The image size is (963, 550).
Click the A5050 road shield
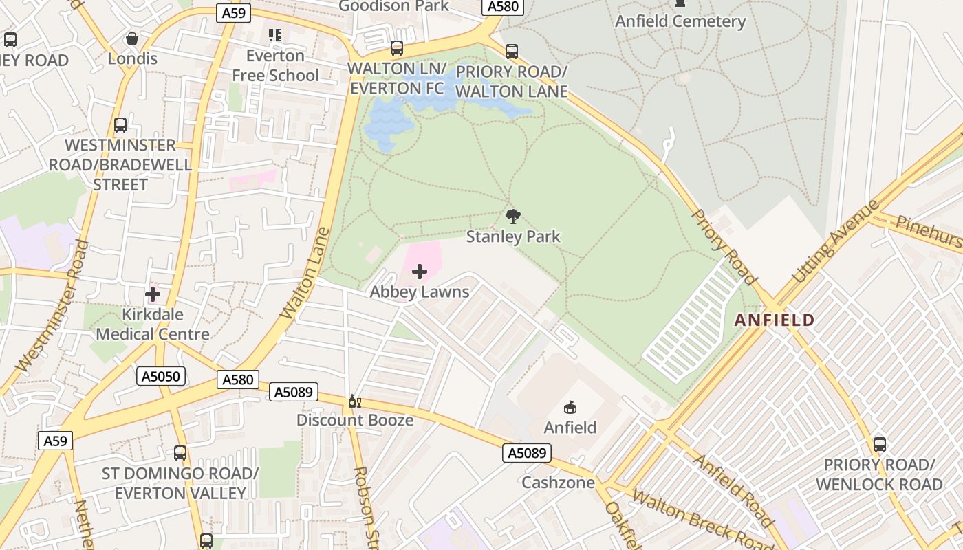(x=161, y=376)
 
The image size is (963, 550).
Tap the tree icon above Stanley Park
(x=512, y=217)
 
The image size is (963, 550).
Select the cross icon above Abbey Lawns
(x=419, y=272)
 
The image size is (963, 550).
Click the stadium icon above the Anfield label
(x=570, y=408)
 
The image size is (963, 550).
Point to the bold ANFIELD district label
(x=774, y=320)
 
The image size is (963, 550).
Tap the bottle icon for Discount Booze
(x=354, y=401)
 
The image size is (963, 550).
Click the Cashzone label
(x=558, y=482)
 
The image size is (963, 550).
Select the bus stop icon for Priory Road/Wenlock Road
(x=879, y=445)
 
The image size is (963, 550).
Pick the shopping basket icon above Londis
(x=132, y=38)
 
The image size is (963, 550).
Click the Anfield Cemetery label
(x=680, y=21)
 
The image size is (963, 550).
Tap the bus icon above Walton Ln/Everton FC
(x=397, y=48)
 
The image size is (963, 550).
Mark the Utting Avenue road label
(x=836, y=241)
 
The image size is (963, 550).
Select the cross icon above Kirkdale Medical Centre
(x=153, y=295)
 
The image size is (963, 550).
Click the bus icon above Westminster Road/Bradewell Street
(x=120, y=125)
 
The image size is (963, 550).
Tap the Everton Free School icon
(x=275, y=34)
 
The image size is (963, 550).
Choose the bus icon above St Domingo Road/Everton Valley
(x=180, y=453)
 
